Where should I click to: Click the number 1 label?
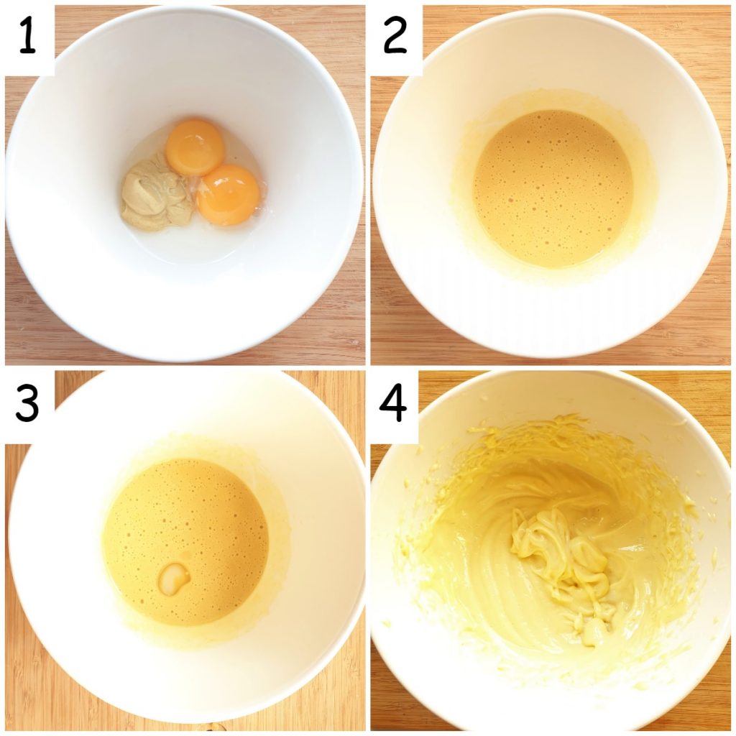click(x=27, y=38)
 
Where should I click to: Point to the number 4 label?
click(x=394, y=405)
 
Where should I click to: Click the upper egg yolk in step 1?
click(x=194, y=147)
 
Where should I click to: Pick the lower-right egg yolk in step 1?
click(x=228, y=194)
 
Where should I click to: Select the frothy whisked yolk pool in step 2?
click(x=553, y=188)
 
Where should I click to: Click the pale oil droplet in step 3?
click(x=174, y=578)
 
